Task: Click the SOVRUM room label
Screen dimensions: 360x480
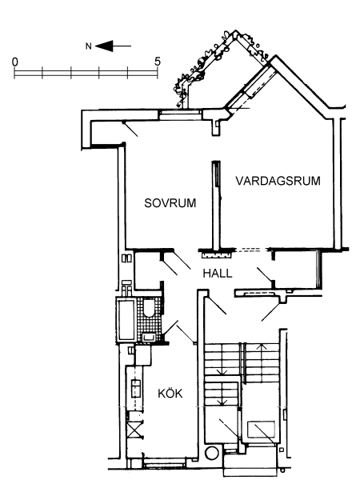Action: (x=170, y=203)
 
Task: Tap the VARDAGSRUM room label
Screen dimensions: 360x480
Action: (x=278, y=181)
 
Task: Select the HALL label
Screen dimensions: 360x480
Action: (x=218, y=274)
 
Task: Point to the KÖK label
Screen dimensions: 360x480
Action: (x=170, y=393)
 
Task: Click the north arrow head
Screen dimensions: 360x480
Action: (x=104, y=46)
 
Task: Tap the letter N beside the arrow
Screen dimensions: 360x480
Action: (x=88, y=46)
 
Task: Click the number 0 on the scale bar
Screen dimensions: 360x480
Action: (x=14, y=62)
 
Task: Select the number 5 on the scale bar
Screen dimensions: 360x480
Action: (x=157, y=62)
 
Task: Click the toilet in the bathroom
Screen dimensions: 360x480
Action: (x=150, y=308)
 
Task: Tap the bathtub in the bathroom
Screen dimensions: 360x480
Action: (x=126, y=320)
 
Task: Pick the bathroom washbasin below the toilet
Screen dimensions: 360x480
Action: (x=149, y=337)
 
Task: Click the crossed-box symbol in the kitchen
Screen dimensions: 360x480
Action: (x=133, y=429)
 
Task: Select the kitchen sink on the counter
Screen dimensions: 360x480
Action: (x=136, y=388)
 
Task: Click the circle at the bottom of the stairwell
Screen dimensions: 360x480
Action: (x=211, y=453)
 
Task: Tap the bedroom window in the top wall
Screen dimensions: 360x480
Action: (x=180, y=114)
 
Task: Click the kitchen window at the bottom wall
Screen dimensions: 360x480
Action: (x=165, y=462)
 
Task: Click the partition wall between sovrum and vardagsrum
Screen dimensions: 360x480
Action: (x=216, y=206)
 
